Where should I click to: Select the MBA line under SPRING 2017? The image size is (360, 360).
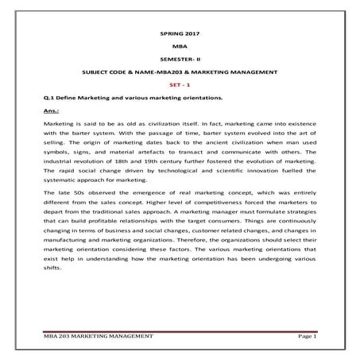(180, 48)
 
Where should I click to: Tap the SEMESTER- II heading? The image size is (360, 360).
(180, 60)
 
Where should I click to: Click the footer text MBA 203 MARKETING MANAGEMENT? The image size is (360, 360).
(99, 338)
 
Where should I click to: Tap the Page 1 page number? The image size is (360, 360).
(305, 338)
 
